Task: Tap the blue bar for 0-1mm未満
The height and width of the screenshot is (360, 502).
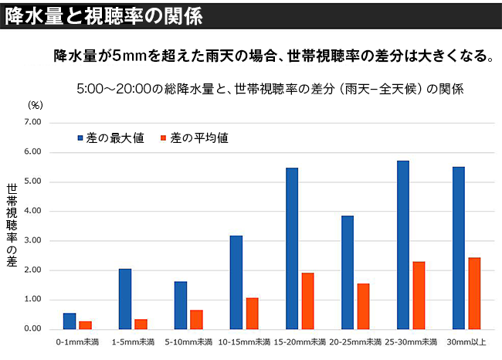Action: (x=70, y=321)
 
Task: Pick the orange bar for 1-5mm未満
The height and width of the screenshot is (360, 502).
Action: (x=141, y=324)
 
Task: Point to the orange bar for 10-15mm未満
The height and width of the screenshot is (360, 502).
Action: (x=252, y=313)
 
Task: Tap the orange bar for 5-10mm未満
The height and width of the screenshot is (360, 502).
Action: (x=196, y=319)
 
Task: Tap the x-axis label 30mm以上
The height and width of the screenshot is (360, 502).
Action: (x=466, y=341)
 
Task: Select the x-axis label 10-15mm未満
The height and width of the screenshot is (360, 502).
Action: (x=244, y=341)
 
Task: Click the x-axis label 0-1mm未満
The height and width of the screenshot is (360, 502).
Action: (x=76, y=341)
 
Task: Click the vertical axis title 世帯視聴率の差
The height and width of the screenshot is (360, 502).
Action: (x=12, y=225)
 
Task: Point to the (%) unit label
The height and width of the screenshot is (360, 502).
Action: (x=37, y=104)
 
